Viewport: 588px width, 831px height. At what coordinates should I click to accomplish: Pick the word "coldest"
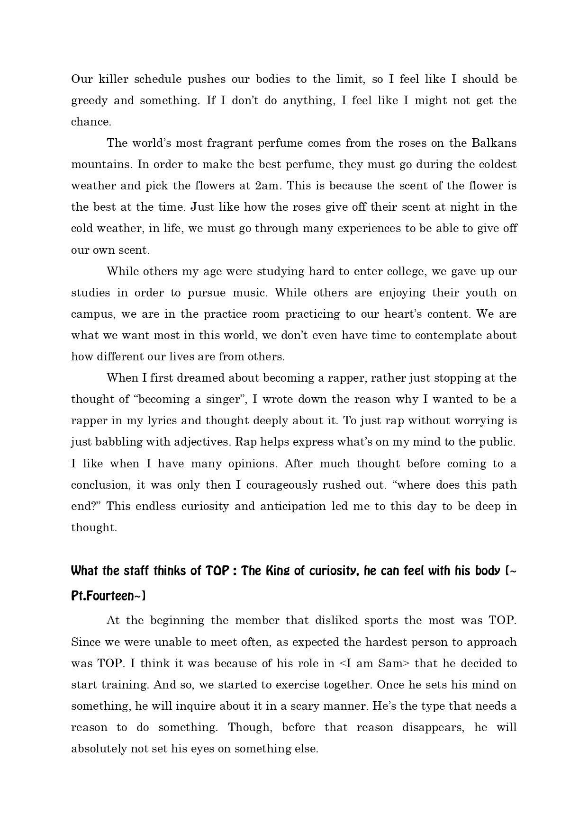[x=495, y=164]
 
